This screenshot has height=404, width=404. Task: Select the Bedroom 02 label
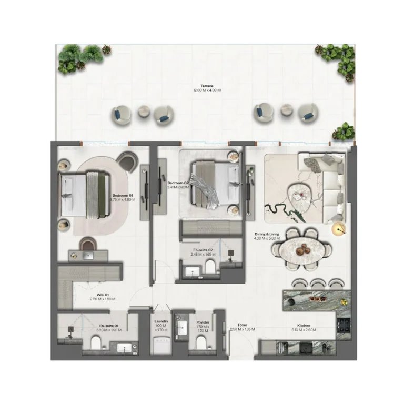(x=178, y=184)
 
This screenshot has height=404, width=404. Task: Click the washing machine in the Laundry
(x=161, y=345)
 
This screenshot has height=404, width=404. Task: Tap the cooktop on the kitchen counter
(x=345, y=325)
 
